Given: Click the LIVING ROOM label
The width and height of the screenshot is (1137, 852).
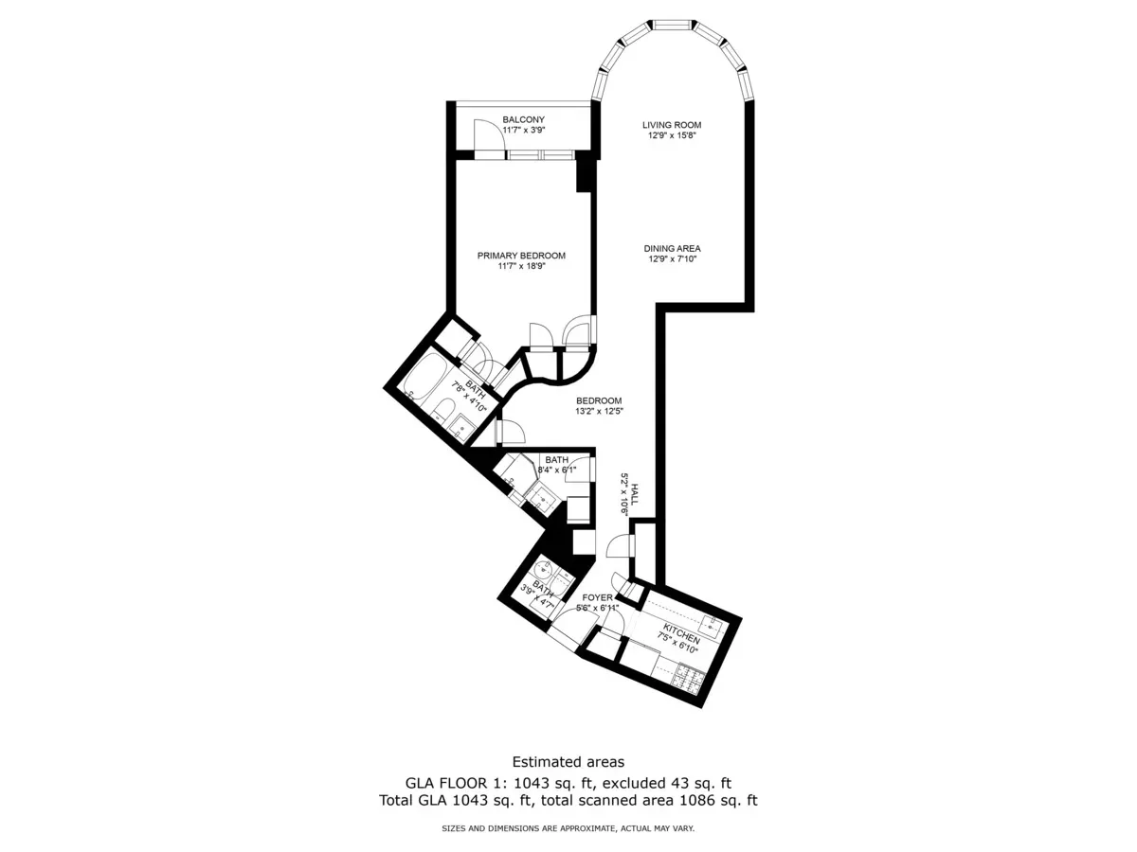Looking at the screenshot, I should pyautogui.click(x=671, y=125).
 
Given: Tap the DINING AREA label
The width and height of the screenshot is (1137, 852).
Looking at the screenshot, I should pyautogui.click(x=674, y=248).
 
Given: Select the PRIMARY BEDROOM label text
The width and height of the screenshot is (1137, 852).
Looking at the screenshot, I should pyautogui.click(x=521, y=256).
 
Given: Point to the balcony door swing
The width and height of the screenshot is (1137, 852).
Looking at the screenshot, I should pyautogui.click(x=487, y=132).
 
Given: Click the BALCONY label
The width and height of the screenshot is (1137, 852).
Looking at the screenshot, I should pyautogui.click(x=523, y=119).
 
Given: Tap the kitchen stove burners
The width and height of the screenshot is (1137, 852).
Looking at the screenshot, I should pyautogui.click(x=686, y=676).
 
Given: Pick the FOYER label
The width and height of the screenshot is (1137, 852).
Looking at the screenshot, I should pyautogui.click(x=597, y=598).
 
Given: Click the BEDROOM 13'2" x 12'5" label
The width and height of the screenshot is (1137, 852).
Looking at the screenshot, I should pyautogui.click(x=598, y=400).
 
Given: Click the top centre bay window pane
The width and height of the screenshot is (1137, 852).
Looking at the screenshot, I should pyautogui.click(x=672, y=23).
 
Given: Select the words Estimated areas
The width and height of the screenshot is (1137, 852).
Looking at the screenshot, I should pyautogui.click(x=568, y=761).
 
